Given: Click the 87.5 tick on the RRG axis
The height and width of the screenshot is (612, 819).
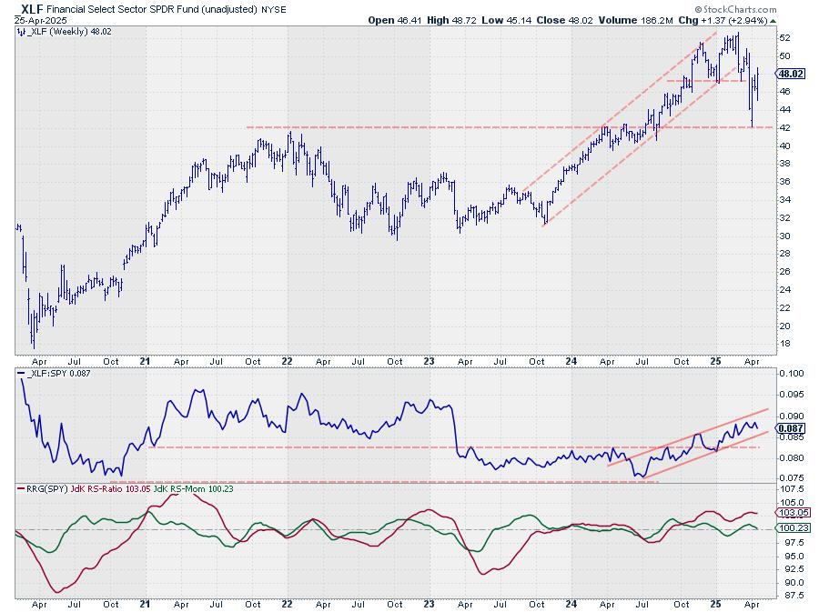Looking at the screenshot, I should point(788,596).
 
